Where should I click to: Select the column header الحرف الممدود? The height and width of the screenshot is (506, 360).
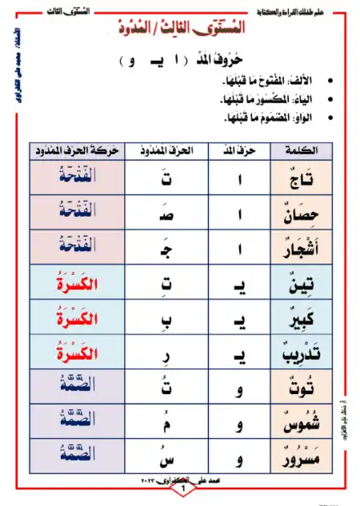point(163,150)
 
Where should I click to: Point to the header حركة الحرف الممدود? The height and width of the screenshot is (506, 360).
point(77,150)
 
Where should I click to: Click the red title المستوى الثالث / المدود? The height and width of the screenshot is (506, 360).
point(184,29)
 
